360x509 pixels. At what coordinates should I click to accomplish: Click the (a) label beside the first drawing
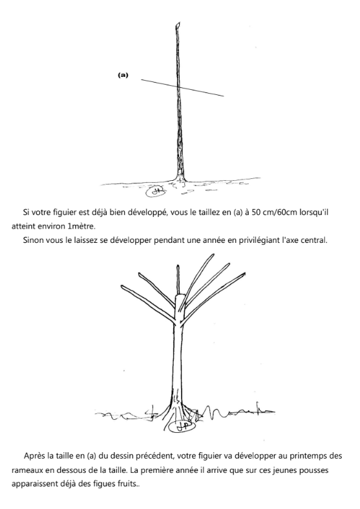pos(123,75)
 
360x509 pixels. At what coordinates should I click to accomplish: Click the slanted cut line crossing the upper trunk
pos(182,88)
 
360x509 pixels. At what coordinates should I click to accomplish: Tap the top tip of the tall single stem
pos(178,23)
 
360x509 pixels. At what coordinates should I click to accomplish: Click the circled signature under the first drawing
pos(156,192)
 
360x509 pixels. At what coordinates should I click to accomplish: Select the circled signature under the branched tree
pos(182,426)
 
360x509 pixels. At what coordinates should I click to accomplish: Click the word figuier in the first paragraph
pos(65,213)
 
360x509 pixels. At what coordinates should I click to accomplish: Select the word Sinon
pos(32,240)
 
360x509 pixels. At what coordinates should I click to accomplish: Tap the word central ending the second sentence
pos(315,240)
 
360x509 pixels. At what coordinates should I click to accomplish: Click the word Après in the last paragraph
pos(34,456)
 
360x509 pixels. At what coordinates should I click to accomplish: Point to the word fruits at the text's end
pos(129,484)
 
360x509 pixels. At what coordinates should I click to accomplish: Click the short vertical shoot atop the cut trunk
pos(178,280)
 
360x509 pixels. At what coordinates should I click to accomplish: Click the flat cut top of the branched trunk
pos(180,295)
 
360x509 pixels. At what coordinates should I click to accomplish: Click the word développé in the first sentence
pos(148,213)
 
